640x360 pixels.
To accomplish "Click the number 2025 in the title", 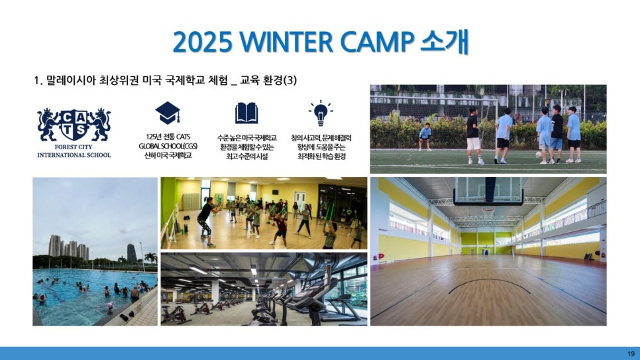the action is (x=202, y=42).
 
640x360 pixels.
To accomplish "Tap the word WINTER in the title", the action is (x=287, y=42).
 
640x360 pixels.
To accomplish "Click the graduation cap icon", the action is (x=168, y=113).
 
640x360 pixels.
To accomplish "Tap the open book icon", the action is (x=246, y=113).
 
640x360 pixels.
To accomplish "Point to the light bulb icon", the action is (x=321, y=113).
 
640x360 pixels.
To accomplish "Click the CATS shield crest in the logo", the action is (x=74, y=125).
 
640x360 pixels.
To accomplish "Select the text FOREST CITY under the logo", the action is (x=74, y=147).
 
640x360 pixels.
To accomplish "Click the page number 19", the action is (x=631, y=353).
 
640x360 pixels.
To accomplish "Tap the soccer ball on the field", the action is (x=539, y=154).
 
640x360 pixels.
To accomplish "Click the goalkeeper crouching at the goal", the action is (x=425, y=137).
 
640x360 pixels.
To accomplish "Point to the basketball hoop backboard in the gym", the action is (x=488, y=191).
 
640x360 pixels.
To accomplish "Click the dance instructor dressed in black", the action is (x=207, y=222).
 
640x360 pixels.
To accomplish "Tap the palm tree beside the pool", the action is (x=151, y=259).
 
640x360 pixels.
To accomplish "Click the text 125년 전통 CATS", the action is (x=168, y=137).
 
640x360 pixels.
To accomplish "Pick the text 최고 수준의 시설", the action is (x=246, y=156).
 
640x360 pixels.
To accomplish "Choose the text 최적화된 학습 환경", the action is (x=321, y=156).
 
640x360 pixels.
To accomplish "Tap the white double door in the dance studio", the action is (x=299, y=199).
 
